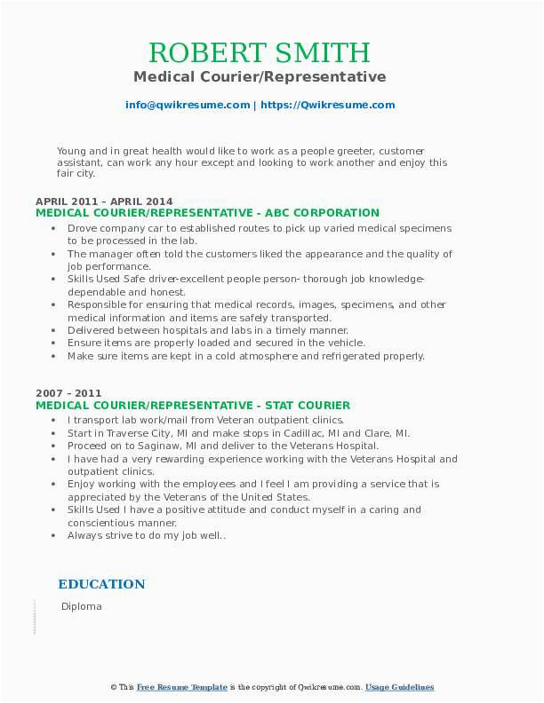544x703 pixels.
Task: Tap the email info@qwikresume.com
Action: [188, 105]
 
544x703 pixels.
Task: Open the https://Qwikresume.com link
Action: [328, 105]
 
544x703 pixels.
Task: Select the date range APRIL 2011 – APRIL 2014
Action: [105, 201]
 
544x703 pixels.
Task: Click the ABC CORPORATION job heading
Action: [207, 213]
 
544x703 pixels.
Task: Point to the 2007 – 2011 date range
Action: [68, 393]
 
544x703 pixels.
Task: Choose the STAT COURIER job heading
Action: [193, 406]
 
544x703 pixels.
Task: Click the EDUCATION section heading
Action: [101, 584]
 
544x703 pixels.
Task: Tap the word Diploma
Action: [82, 606]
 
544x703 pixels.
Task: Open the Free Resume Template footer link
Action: [181, 687]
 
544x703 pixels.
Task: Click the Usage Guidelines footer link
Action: [399, 687]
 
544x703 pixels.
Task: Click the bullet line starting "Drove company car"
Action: [259, 228]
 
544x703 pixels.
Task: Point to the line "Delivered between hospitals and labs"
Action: [207, 330]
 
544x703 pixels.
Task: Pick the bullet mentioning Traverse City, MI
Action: [238, 433]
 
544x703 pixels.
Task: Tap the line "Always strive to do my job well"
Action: [147, 535]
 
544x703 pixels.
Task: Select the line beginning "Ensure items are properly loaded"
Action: [216, 343]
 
